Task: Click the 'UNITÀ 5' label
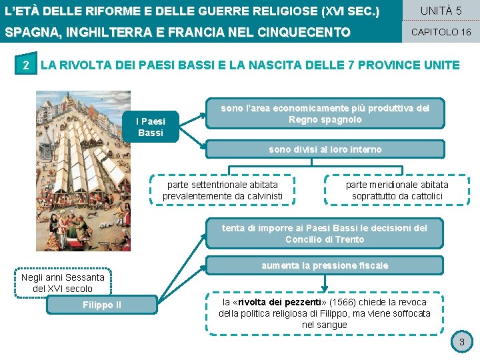click(441, 11)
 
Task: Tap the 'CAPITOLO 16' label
click(441, 32)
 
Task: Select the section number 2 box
click(25, 65)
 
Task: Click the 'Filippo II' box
click(101, 305)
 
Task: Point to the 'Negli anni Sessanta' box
click(63, 283)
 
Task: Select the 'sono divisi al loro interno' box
click(325, 149)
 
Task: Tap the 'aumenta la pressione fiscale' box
click(324, 265)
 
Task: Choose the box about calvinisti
click(223, 190)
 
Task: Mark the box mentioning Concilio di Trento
click(324, 233)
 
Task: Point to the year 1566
click(337, 302)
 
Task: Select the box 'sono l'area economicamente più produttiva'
click(325, 113)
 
